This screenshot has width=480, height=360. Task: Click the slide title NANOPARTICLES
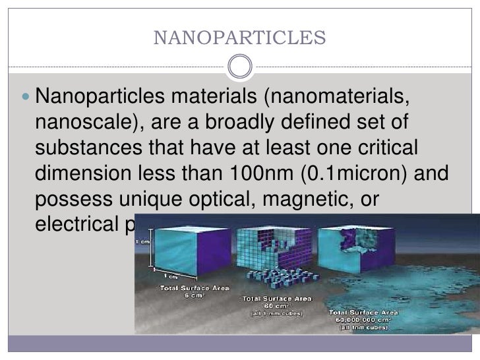[239, 38]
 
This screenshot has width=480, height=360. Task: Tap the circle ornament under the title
[239, 65]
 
